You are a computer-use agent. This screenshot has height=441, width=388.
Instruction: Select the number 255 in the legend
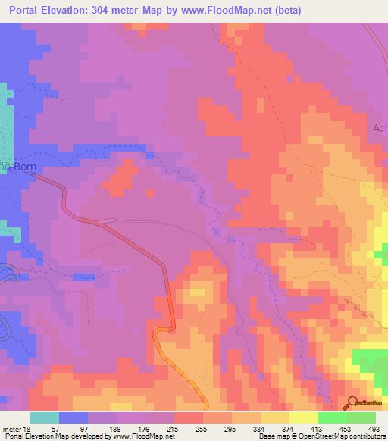[199, 428]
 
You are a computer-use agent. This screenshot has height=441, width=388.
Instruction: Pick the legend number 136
[115, 428]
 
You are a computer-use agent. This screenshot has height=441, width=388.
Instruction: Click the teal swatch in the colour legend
[45, 418]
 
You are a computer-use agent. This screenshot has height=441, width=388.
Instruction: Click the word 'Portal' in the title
[29, 10]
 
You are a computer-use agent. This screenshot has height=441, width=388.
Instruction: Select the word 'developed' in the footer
[83, 436]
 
